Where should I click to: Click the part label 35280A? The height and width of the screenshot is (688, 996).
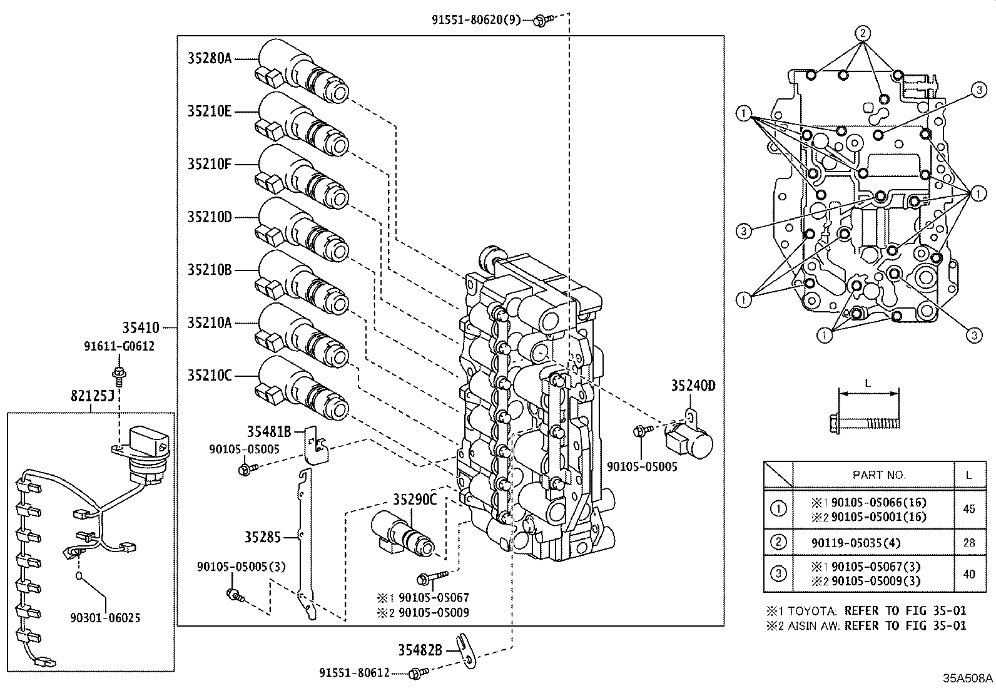click(x=209, y=59)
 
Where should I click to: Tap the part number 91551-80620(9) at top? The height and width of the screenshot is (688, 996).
click(x=476, y=19)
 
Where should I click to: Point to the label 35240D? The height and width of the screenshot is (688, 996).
click(x=693, y=386)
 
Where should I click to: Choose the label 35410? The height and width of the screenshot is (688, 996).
click(x=140, y=327)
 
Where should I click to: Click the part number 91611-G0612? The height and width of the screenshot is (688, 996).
click(x=119, y=346)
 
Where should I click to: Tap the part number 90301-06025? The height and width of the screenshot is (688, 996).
click(x=105, y=618)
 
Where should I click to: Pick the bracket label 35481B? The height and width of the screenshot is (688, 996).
click(x=268, y=431)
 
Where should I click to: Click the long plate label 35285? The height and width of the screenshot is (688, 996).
click(x=262, y=537)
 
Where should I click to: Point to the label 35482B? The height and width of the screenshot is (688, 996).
click(x=420, y=650)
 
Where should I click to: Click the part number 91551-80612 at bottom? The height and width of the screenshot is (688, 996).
click(x=354, y=673)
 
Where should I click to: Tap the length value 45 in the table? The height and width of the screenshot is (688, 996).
click(x=968, y=509)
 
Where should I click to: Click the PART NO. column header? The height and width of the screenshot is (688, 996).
click(x=878, y=475)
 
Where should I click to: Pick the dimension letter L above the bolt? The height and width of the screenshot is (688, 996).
click(x=867, y=383)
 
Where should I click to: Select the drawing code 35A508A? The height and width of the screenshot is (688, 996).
click(x=967, y=678)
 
